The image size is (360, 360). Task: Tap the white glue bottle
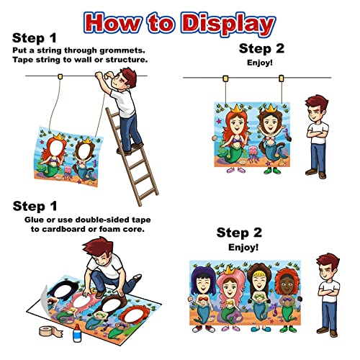click(77, 333)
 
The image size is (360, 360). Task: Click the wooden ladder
click(132, 156)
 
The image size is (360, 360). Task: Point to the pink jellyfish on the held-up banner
click(254, 153)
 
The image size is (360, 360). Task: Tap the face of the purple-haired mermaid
click(203, 284)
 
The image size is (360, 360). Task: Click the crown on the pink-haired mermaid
click(229, 271)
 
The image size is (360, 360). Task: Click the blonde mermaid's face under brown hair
click(258, 283)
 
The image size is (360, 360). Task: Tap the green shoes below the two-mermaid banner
click(272, 171)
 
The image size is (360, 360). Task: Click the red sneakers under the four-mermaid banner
click(204, 329)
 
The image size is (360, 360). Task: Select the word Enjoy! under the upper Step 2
click(260, 63)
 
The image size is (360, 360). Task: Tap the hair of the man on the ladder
click(127, 76)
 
